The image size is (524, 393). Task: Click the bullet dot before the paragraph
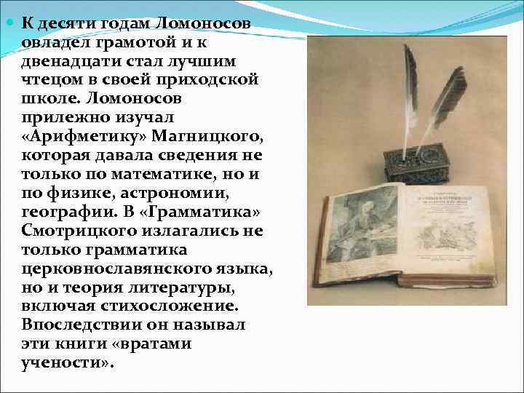click(11, 23)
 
